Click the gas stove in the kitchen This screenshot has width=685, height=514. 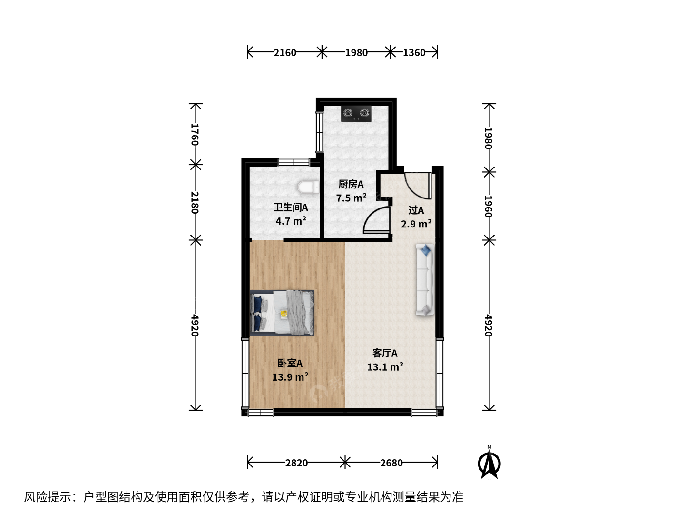click(356, 114)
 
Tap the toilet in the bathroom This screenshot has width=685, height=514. click(308, 187)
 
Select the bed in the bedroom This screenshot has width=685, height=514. click(282, 313)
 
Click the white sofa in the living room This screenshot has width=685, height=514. click(425, 279)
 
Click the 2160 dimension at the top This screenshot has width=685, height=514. click(284, 53)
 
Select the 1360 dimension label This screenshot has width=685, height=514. click(414, 53)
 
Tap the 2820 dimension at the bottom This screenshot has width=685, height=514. click(296, 463)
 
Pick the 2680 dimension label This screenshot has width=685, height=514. click(391, 463)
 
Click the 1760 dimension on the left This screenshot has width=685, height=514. click(195, 135)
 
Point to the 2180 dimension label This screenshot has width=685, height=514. click(195, 202)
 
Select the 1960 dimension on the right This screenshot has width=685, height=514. click(489, 206)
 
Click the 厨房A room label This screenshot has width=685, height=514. click(351, 185)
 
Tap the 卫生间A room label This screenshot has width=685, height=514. click(291, 207)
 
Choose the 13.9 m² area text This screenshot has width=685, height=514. click(290, 377)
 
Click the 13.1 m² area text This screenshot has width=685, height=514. click(385, 366)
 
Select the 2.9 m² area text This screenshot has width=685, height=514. click(416, 224)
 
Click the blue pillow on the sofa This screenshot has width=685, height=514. click(425, 250)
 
